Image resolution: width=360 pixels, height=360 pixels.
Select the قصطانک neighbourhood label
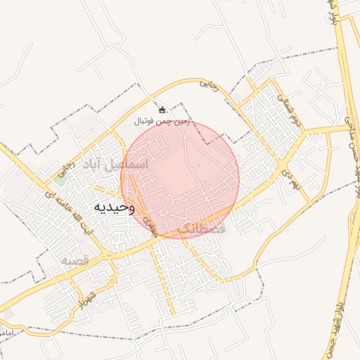201,229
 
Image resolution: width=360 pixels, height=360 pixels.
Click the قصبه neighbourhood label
72,261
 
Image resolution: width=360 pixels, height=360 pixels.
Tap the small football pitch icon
162,110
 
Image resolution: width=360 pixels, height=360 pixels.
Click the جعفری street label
148,224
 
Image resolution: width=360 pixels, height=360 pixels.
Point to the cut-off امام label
6,330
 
